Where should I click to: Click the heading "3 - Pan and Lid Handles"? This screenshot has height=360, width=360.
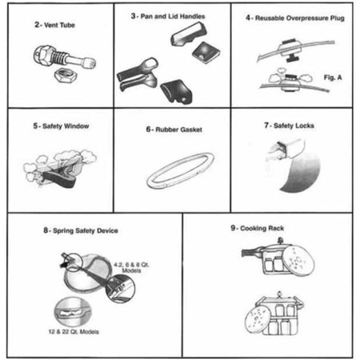(x=173, y=17)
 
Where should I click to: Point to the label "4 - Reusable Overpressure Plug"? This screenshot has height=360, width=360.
(x=295, y=17)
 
